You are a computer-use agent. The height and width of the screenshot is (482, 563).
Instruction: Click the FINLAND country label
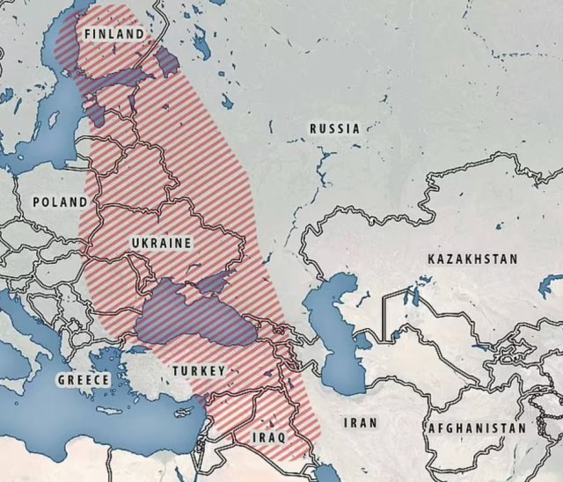[x=113, y=33]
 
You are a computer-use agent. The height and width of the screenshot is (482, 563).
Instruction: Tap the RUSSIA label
[x=334, y=128]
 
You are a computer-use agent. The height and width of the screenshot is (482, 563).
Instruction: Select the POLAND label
[x=60, y=201]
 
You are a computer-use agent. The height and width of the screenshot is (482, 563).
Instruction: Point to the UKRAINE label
[x=161, y=241]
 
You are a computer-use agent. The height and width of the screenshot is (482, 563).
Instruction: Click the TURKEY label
[x=199, y=370]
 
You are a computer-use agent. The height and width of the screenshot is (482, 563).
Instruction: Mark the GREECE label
[x=84, y=380]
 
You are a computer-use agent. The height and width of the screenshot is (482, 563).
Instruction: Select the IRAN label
[x=361, y=422]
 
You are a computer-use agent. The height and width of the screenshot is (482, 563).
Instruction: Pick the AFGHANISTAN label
[x=478, y=428]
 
